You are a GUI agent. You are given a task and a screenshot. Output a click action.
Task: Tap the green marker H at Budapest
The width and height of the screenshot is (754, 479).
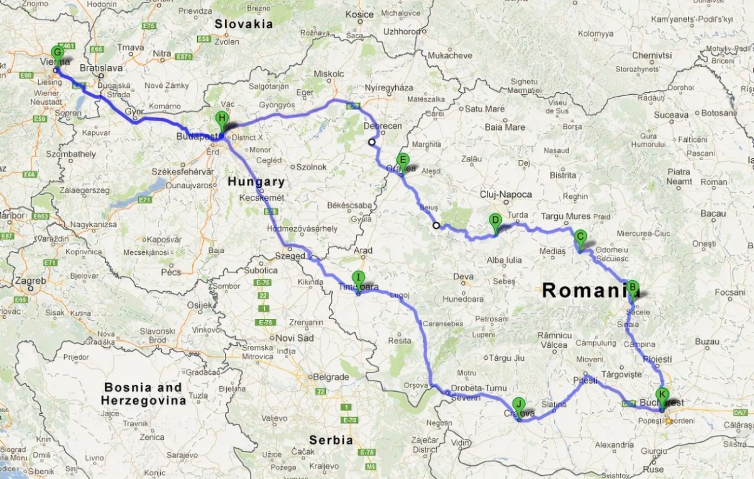pos(221,118)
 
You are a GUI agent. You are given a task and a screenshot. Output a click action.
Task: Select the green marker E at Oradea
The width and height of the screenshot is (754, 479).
pos(403,159)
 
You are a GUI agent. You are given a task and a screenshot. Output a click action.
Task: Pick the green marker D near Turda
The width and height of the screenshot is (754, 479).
pos(495,220)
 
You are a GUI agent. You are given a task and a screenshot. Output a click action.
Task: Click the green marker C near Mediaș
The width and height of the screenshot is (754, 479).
pos(581,237)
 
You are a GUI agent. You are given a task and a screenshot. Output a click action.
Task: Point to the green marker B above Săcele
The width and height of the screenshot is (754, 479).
pos(633,287)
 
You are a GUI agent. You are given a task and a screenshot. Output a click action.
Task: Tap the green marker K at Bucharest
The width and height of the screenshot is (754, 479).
pos(662,396)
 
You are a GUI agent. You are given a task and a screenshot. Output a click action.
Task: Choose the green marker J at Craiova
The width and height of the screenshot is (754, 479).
pos(518,404)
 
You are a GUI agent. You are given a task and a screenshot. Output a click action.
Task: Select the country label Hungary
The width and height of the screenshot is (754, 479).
pos(256,181)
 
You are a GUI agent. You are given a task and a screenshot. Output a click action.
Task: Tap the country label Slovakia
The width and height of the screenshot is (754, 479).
pos(244,24)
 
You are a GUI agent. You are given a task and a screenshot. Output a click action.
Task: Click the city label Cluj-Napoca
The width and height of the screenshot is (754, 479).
pos(505,195)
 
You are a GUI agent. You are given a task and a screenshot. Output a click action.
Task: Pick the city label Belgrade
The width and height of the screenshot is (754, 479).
pos(331,377)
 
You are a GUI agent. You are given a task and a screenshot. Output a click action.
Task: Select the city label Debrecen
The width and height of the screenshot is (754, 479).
pos(383,126)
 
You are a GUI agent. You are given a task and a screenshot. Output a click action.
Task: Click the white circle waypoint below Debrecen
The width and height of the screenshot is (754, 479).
pos(372,142)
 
